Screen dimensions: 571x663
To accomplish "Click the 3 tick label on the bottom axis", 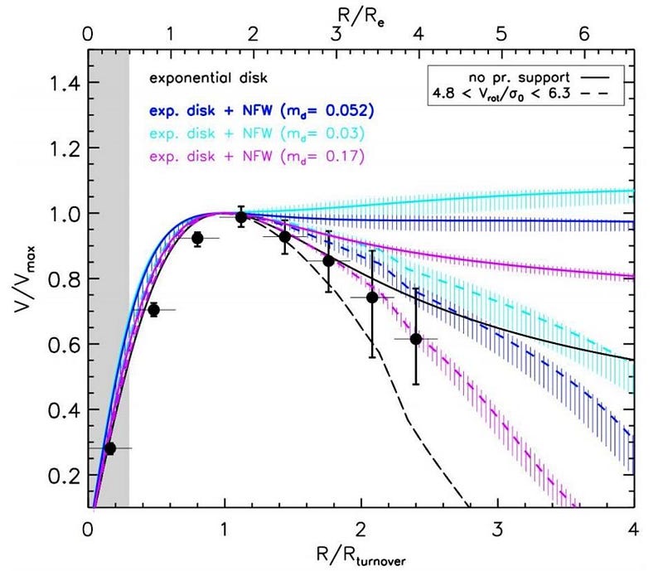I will tap(497, 529).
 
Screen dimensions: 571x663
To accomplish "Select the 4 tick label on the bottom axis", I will tap(633, 529).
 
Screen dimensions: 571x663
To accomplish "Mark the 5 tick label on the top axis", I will tap(501, 36).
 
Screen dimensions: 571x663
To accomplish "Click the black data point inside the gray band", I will tap(110, 448).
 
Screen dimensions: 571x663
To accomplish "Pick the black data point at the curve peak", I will tap(241, 217).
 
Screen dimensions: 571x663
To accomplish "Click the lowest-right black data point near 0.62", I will tap(416, 339).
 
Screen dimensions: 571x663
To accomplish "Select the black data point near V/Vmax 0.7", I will tap(153, 310).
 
